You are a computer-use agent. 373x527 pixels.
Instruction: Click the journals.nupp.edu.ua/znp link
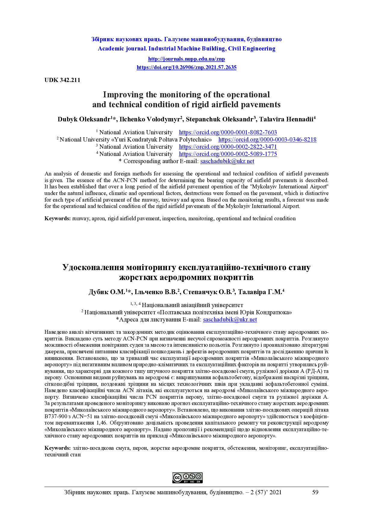pyautogui.click(x=186, y=59)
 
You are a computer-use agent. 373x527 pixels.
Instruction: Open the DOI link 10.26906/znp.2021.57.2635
pyautogui.click(x=186, y=67)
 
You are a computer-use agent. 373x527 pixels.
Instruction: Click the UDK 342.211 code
pyautogui.click(x=62, y=80)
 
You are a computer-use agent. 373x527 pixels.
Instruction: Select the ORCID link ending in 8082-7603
pyautogui.click(x=228, y=132)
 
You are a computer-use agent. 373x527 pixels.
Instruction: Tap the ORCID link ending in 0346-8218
pyautogui.click(x=267, y=139)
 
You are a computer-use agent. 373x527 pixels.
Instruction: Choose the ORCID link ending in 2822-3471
pyautogui.click(x=228, y=147)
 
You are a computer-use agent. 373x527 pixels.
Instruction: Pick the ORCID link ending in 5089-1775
pyautogui.click(x=228, y=154)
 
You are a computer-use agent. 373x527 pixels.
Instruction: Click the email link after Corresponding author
pyautogui.click(x=227, y=161)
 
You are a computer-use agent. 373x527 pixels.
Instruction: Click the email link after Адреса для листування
pyautogui.click(x=230, y=319)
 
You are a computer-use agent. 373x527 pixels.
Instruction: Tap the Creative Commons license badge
pyautogui.click(x=187, y=478)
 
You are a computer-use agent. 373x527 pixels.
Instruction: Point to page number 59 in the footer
pyautogui.click(x=315, y=492)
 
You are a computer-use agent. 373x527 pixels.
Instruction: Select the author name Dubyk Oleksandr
pyautogui.click(x=84, y=119)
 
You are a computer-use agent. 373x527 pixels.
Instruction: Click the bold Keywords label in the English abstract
pyautogui.click(x=57, y=218)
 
